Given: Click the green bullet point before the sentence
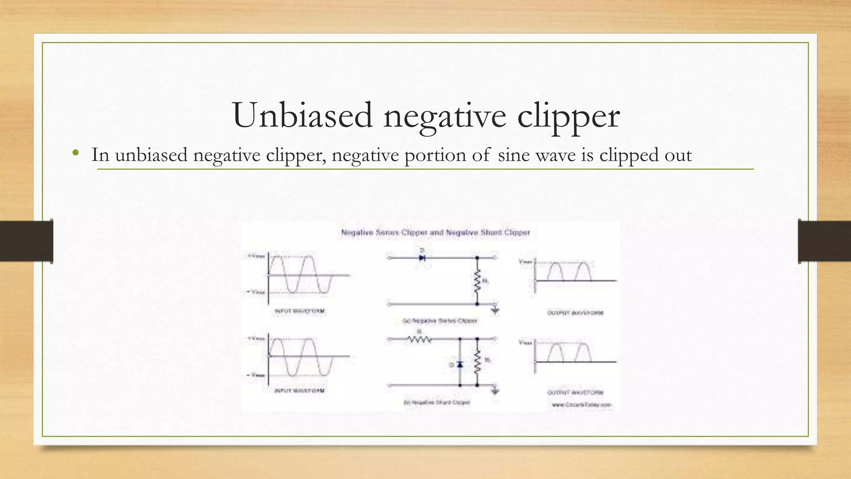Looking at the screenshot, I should [x=75, y=153].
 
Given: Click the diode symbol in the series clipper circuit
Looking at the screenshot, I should [x=422, y=258].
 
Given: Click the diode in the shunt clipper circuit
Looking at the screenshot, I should [x=460, y=364].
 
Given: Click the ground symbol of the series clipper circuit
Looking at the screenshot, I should [x=495, y=310].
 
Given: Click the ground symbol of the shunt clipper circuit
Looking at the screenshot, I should [x=495, y=391].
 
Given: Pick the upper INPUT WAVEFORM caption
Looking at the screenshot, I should [x=300, y=311].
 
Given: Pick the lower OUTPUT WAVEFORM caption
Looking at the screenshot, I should [x=575, y=392].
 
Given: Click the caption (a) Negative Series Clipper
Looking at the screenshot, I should [x=440, y=321].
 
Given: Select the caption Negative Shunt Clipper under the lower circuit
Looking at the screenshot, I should [x=437, y=402].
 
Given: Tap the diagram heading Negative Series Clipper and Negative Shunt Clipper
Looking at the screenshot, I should [x=435, y=232].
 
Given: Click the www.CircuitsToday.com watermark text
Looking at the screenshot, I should [x=582, y=405].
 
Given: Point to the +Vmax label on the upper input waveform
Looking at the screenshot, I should [x=256, y=257].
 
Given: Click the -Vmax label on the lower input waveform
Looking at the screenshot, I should [x=256, y=375].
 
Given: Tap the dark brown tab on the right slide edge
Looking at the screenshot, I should [x=824, y=241].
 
